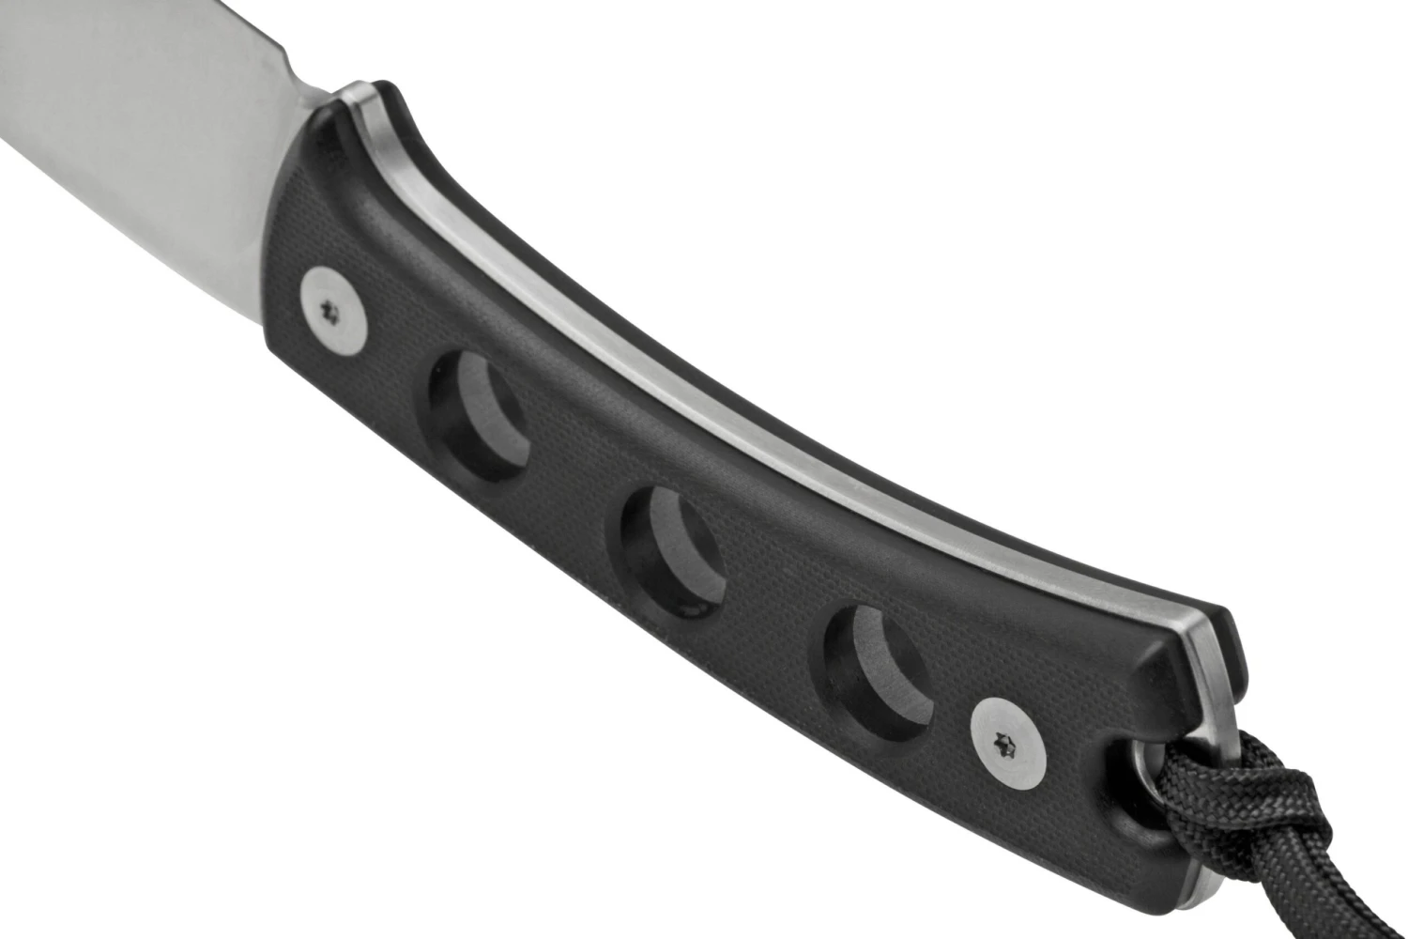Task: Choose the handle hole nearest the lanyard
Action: pyautogui.click(x=875, y=670)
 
